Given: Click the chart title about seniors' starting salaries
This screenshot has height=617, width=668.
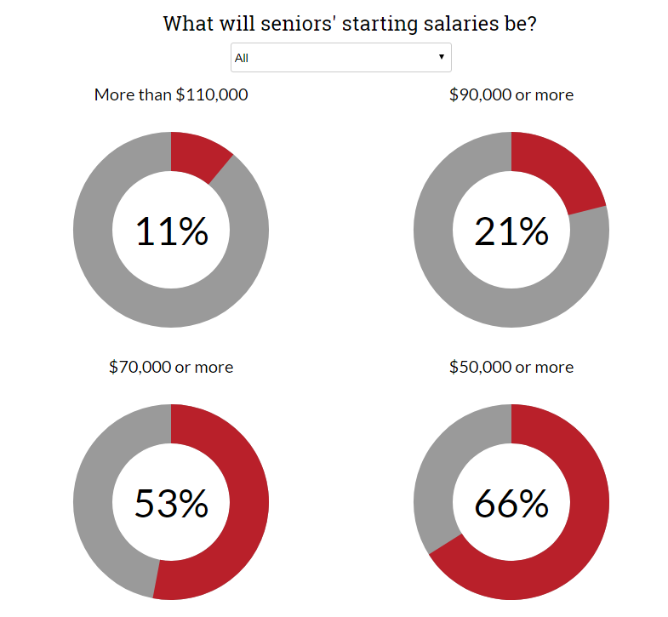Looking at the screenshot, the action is pos(350,24).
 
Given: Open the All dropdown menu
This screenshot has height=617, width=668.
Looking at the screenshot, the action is pos(341,57).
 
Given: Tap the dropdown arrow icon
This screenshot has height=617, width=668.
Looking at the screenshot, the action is pos(442,57).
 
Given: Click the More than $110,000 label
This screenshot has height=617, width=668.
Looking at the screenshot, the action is pos(171,94).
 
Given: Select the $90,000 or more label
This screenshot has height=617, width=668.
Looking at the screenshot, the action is pos(511,94).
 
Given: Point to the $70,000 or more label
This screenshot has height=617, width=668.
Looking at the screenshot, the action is pos(171,367).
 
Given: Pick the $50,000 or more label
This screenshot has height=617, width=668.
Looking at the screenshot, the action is pos(511,367).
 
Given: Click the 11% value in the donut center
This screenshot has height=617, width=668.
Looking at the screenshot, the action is pos(172,231).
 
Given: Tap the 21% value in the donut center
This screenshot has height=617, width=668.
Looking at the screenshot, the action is pos(511,231).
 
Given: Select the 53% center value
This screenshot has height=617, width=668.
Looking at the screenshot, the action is pos(171,503).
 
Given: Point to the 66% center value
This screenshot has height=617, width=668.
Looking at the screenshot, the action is pos(511,503).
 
